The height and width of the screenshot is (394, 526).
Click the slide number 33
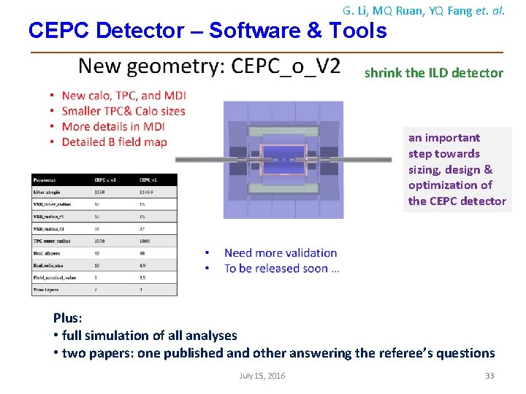point(490,376)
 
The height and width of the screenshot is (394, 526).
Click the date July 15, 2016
point(262,376)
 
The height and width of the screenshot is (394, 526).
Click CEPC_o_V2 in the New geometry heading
point(286,66)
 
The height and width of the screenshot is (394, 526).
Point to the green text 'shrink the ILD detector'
point(433,73)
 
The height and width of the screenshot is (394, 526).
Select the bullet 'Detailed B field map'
point(114,142)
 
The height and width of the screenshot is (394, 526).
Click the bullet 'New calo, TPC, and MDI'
point(123,96)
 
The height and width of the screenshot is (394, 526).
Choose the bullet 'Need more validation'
point(281,253)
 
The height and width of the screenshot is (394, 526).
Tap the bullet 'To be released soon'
point(281,269)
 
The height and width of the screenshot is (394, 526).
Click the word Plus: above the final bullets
point(68,318)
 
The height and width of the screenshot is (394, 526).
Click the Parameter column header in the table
point(46,179)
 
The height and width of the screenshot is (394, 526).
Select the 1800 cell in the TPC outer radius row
point(146,240)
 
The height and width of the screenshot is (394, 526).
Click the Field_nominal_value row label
point(55,277)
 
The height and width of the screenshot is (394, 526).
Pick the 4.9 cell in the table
point(144,265)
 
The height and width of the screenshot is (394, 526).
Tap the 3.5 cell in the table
point(144,277)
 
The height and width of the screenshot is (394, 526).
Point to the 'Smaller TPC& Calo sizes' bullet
point(123,112)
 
